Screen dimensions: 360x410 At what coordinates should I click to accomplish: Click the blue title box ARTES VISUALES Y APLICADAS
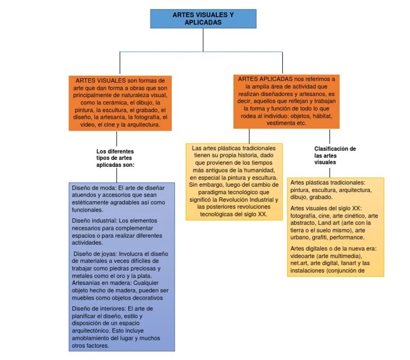203,19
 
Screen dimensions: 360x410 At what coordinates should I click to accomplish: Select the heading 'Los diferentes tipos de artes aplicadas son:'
115,158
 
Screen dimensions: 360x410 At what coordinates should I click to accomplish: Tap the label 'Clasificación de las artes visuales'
335,155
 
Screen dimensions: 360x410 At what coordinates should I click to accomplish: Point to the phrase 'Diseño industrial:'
94,221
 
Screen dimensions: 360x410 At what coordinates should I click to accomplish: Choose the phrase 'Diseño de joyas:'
96,254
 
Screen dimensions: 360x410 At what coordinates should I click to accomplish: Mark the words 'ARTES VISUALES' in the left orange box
100,81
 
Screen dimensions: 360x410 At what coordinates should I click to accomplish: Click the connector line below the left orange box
116,139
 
